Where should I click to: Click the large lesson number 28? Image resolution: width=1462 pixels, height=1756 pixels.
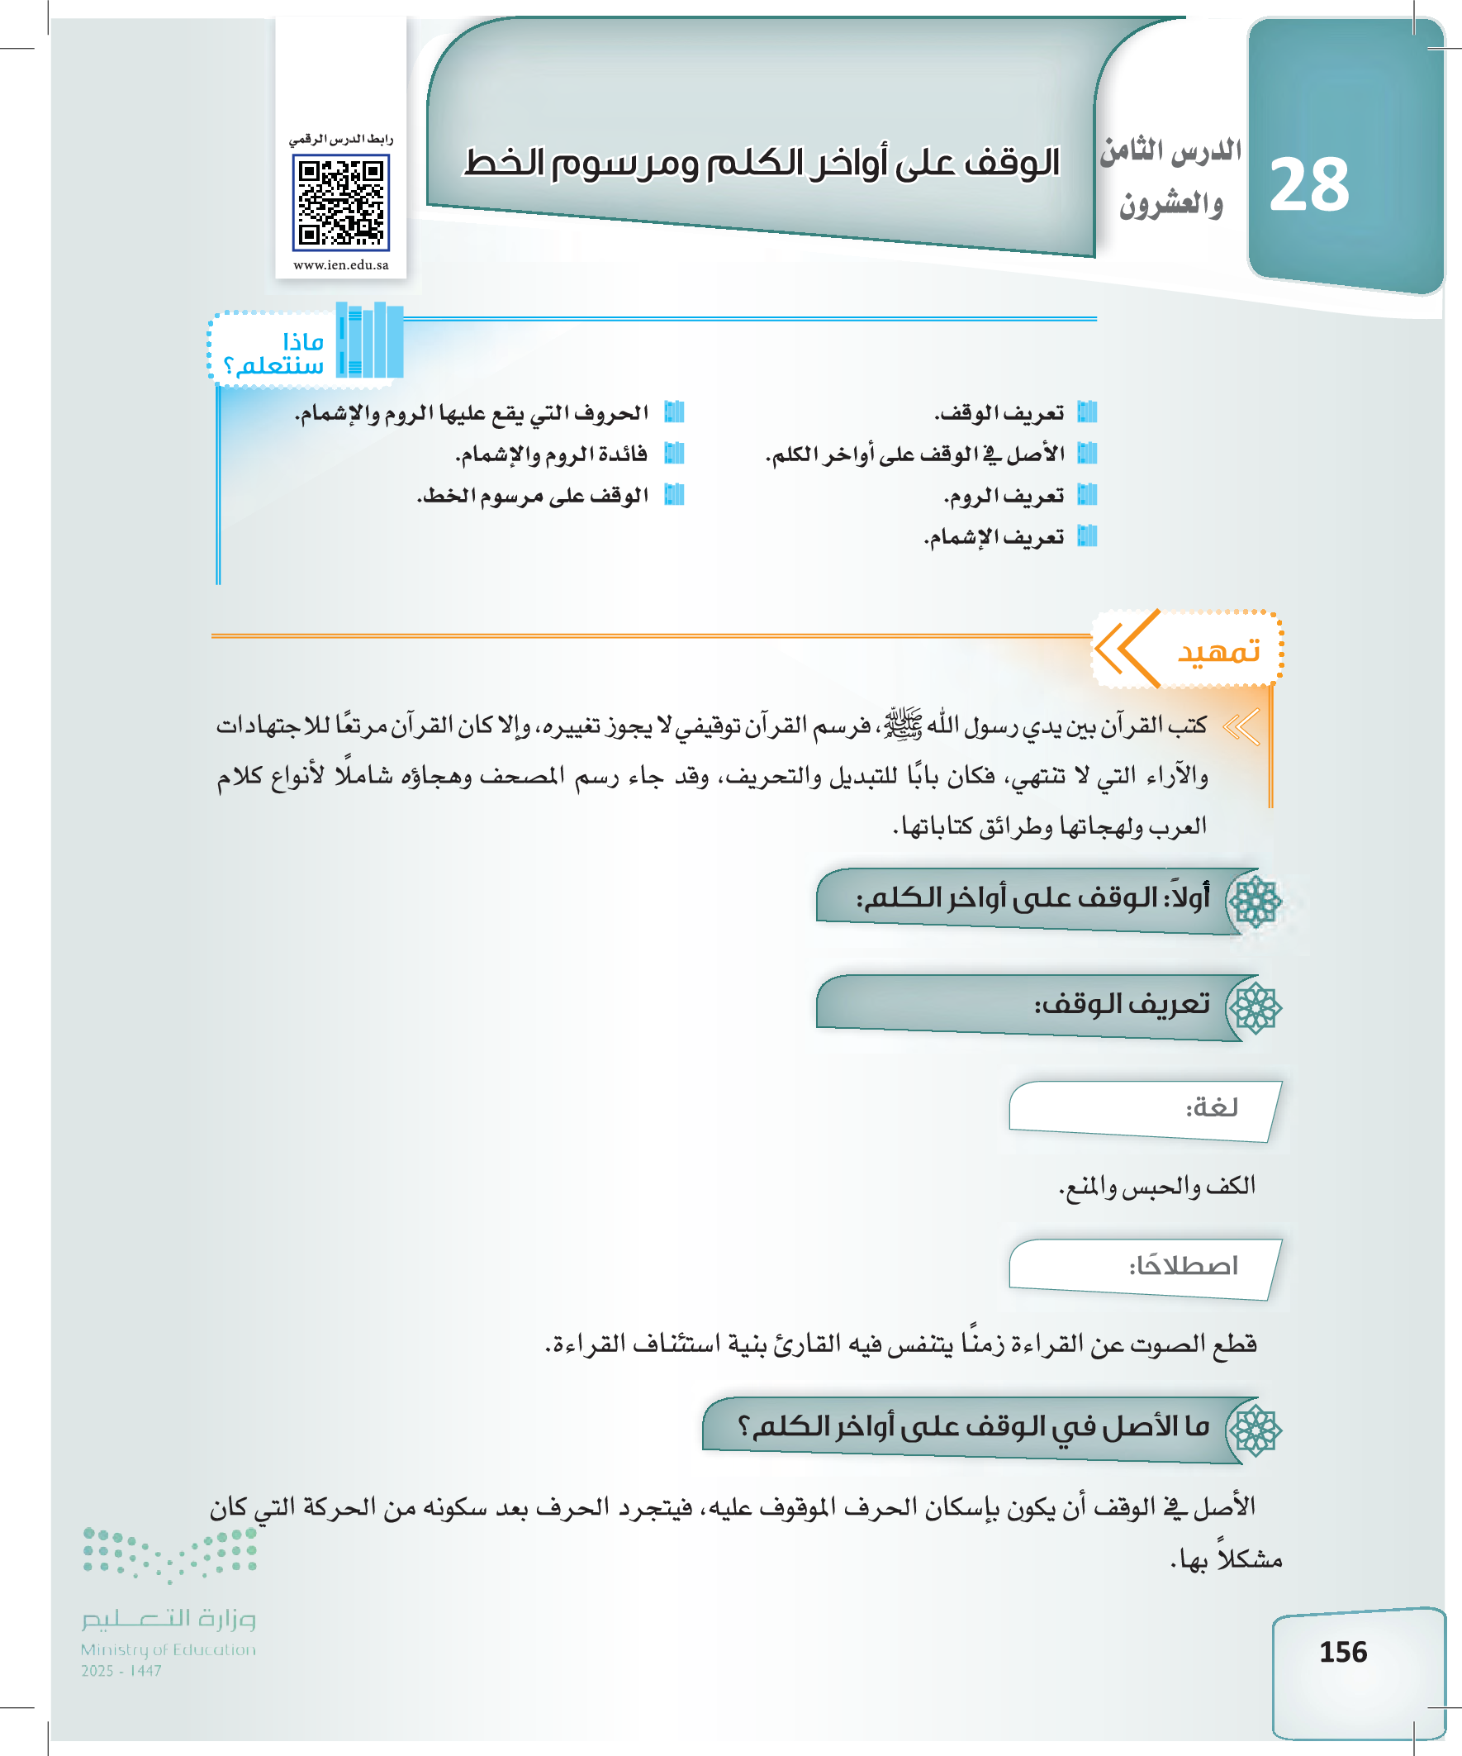[1309, 186]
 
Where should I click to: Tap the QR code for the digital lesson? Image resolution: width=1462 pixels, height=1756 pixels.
[341, 203]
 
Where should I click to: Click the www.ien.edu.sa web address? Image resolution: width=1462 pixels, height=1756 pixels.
[341, 265]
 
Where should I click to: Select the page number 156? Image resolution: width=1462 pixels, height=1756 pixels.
[1342, 1652]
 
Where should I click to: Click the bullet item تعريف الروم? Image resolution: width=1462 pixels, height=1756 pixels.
[1004, 496]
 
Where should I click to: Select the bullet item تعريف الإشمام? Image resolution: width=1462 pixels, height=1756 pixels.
[994, 537]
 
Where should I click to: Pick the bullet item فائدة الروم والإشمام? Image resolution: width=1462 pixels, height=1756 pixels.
[552, 454]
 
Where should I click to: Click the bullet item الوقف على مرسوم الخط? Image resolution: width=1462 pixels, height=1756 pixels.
[533, 496]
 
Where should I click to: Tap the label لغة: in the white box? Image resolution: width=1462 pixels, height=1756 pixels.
[1211, 1108]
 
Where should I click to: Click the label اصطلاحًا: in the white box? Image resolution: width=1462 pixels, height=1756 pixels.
[1183, 1266]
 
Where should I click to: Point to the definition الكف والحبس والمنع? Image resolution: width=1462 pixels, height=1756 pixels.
[1157, 1186]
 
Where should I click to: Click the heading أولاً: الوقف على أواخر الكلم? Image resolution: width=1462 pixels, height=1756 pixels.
[1032, 899]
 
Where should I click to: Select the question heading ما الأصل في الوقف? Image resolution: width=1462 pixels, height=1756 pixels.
[974, 1426]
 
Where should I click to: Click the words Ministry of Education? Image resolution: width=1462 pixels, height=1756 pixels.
[168, 1649]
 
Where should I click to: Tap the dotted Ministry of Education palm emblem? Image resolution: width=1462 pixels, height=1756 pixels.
[169, 1554]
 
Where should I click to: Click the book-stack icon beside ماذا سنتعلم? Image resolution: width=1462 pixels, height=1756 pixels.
[370, 340]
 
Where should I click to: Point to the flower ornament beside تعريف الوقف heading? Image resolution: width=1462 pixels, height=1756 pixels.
[1256, 1007]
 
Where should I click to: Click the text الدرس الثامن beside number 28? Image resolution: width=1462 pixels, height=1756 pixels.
[1170, 150]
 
